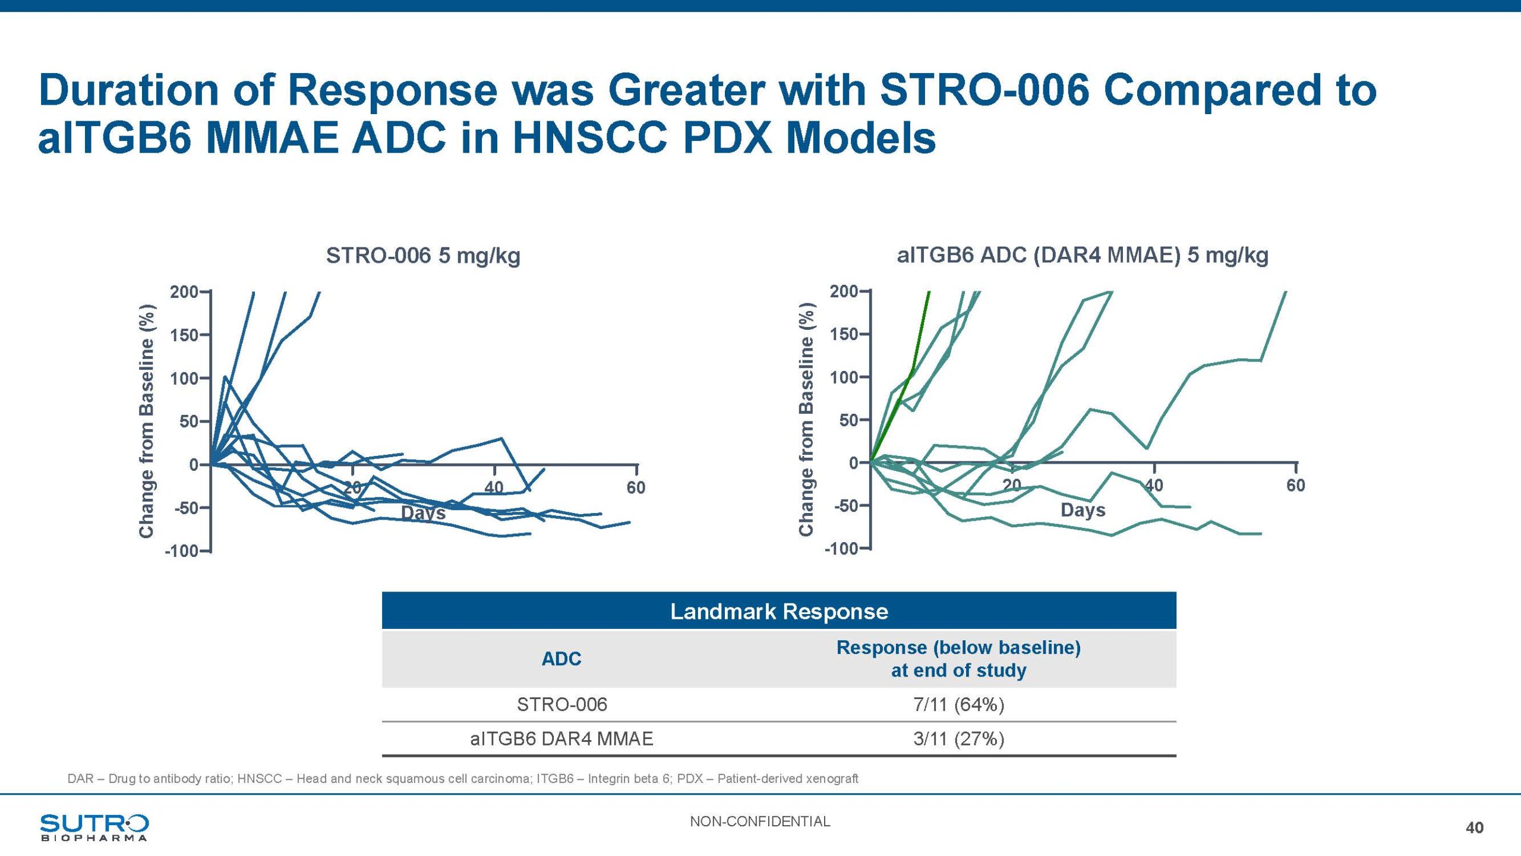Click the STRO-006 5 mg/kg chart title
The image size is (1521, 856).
coord(423,256)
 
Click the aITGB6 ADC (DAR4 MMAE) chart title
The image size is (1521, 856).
coord(1083,255)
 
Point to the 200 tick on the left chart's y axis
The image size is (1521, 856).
coord(184,292)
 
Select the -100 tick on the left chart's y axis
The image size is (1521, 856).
coord(182,551)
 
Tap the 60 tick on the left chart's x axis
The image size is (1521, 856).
coord(636,487)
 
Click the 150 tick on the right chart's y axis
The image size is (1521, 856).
coord(844,334)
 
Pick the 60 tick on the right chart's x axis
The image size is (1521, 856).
coord(1296,485)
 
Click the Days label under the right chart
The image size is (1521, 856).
coord(1083,510)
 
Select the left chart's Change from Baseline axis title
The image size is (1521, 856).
coord(146,421)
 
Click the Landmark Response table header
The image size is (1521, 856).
coord(779,611)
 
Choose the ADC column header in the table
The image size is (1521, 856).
coord(561,659)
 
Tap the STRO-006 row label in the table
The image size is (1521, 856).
coord(561,704)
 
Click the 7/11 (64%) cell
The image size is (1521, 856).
coord(958,704)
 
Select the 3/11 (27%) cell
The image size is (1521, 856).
coord(958,739)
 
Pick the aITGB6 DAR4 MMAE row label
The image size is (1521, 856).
coord(561,739)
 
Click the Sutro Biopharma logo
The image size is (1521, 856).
coord(94,827)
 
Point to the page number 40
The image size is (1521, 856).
coord(1475,827)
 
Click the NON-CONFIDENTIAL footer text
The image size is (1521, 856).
coord(760,822)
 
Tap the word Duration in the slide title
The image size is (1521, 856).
coord(129,90)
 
